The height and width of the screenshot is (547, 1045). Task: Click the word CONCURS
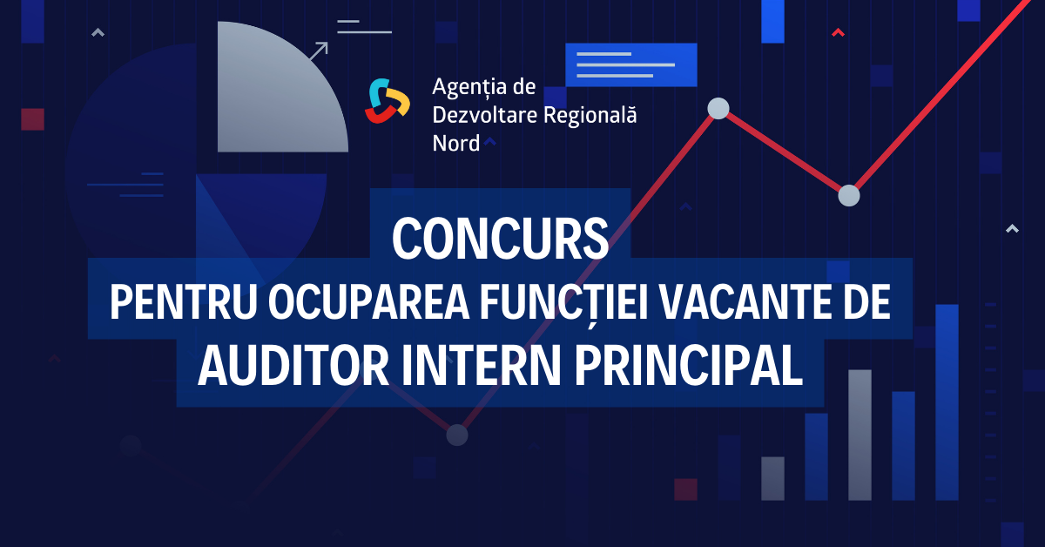click(x=500, y=239)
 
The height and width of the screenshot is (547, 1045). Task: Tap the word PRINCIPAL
click(x=689, y=366)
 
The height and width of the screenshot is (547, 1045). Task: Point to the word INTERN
click(x=481, y=366)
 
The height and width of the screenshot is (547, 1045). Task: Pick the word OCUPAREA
click(x=369, y=302)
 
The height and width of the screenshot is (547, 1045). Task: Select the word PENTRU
click(x=184, y=302)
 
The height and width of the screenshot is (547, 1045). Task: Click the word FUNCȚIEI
click(x=564, y=304)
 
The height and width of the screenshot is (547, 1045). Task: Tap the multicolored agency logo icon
click(x=388, y=101)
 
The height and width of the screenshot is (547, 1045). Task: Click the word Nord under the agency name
click(x=455, y=144)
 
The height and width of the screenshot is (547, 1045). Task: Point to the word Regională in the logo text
click(x=590, y=115)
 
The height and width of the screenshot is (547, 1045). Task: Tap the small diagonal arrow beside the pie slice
click(x=319, y=51)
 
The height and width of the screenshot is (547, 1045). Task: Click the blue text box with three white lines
click(x=631, y=64)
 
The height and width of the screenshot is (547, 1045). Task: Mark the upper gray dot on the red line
click(x=718, y=108)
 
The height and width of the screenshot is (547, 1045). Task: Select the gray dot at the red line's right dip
click(x=849, y=196)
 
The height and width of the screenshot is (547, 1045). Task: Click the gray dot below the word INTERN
click(x=457, y=435)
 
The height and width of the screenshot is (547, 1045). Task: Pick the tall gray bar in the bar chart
click(x=860, y=435)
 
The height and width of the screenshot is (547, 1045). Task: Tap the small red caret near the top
click(x=839, y=33)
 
